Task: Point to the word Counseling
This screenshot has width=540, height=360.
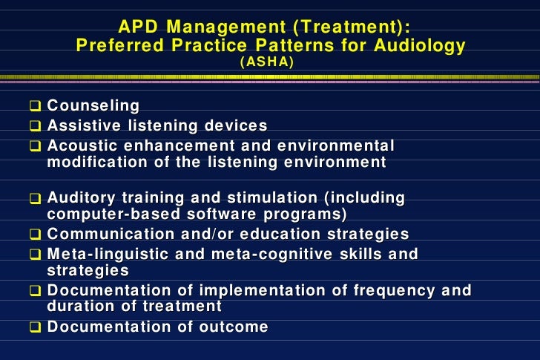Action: [x=93, y=107]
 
